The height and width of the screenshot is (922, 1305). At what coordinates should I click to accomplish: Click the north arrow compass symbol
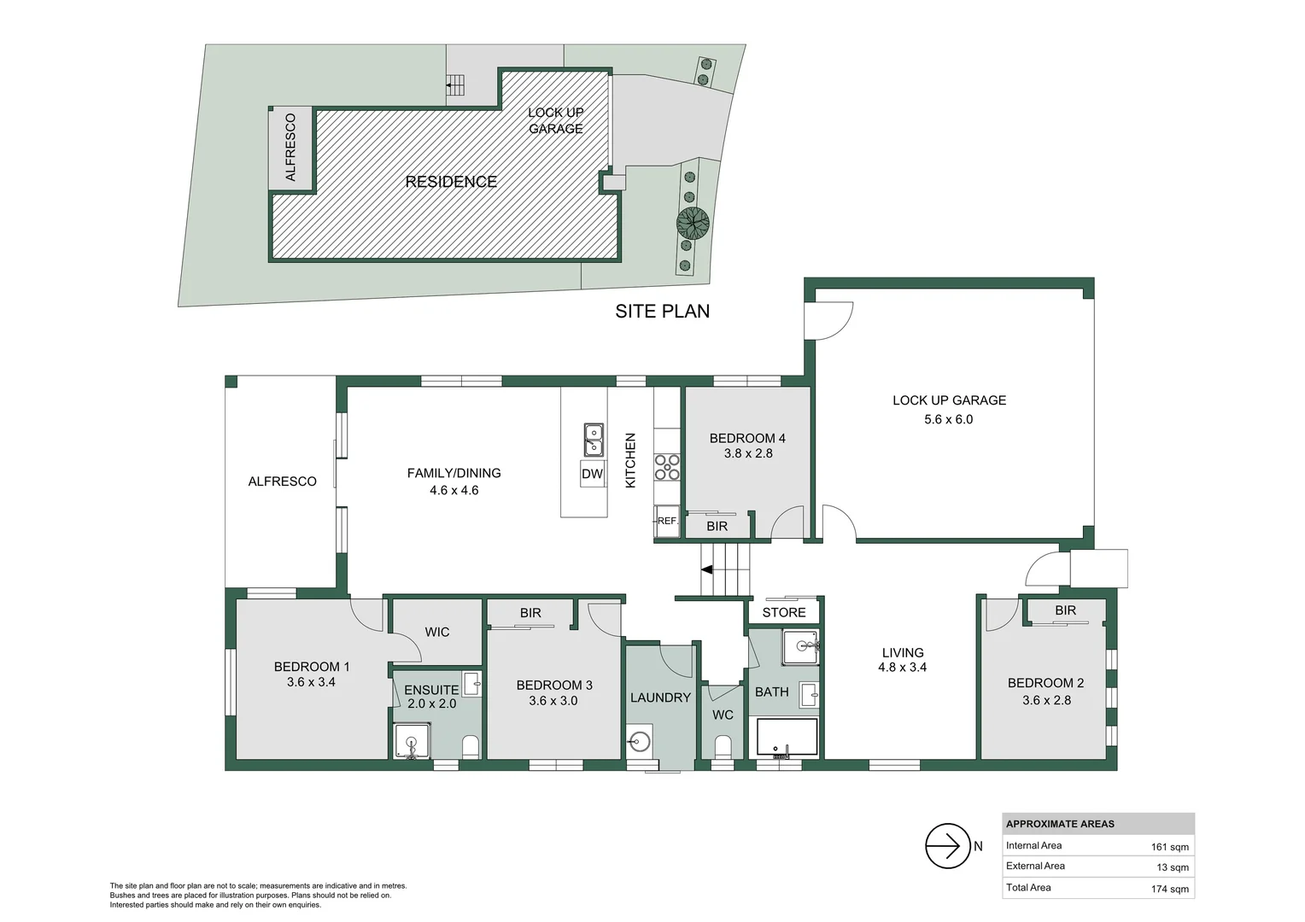(947, 846)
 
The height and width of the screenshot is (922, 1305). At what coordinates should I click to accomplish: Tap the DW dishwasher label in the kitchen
(592, 474)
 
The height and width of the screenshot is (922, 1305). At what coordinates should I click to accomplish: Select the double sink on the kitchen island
(594, 440)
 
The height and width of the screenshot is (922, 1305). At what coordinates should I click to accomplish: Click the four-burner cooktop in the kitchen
(667, 467)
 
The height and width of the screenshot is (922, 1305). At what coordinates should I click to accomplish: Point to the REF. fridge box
(667, 521)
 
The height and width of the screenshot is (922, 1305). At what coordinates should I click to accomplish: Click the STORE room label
(783, 612)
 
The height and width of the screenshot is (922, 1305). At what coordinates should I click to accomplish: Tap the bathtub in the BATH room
(787, 738)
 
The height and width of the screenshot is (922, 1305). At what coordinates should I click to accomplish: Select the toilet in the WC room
(723, 748)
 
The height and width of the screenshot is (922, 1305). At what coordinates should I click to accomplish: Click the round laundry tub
(639, 740)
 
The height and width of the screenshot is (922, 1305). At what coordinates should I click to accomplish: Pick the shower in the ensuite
(412, 740)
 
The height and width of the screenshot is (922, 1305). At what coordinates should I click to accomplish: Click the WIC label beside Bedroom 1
(436, 632)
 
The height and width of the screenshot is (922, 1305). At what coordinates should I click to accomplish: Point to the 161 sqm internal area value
(1169, 847)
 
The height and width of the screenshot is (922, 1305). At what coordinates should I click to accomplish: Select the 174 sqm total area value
(1169, 889)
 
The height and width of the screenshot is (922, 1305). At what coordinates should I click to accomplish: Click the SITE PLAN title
(662, 312)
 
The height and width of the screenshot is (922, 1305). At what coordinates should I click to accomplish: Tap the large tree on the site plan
(693, 224)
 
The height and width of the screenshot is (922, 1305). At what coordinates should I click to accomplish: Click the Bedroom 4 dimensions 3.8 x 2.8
(748, 453)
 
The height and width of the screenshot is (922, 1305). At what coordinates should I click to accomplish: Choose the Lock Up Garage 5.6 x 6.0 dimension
(948, 419)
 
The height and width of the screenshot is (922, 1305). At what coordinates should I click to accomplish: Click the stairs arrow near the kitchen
(707, 569)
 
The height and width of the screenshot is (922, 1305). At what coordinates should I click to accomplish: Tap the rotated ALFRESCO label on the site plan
(290, 147)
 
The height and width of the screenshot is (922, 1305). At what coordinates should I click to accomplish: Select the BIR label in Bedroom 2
(1065, 610)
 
